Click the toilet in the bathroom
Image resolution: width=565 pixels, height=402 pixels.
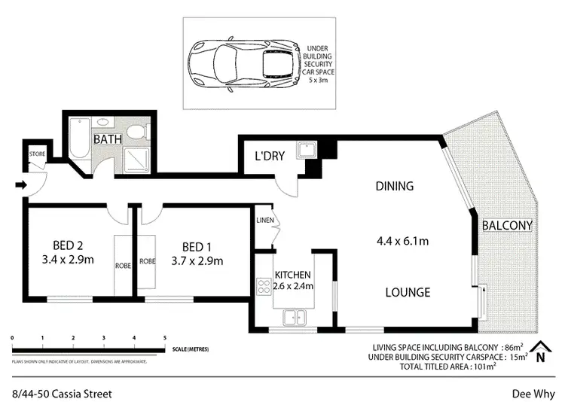tap(136, 132)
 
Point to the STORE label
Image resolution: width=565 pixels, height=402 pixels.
tap(37, 154)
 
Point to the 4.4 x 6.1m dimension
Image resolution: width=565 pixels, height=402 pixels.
tap(402, 242)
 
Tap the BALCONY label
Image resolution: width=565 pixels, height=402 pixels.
tap(507, 225)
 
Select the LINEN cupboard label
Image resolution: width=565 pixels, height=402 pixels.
tap(264, 220)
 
